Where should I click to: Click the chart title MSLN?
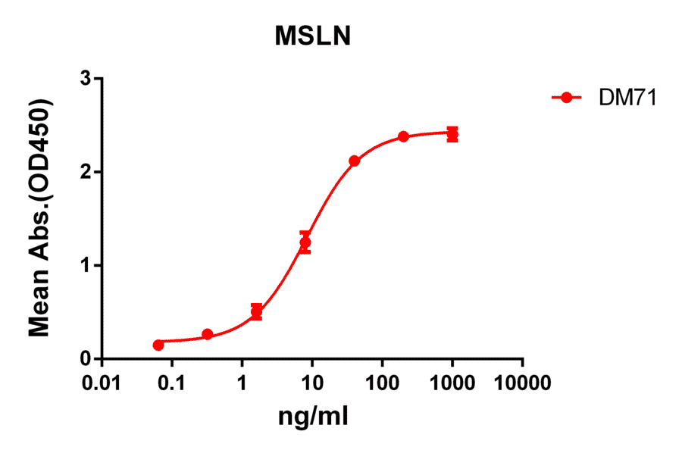[312, 37]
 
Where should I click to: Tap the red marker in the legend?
[565, 97]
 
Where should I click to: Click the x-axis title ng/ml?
[313, 416]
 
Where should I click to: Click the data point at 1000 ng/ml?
[452, 135]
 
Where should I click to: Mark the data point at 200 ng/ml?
[403, 136]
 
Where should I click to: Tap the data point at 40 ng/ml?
[354, 161]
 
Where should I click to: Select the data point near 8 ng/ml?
[305, 242]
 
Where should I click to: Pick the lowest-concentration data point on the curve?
[158, 345]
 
